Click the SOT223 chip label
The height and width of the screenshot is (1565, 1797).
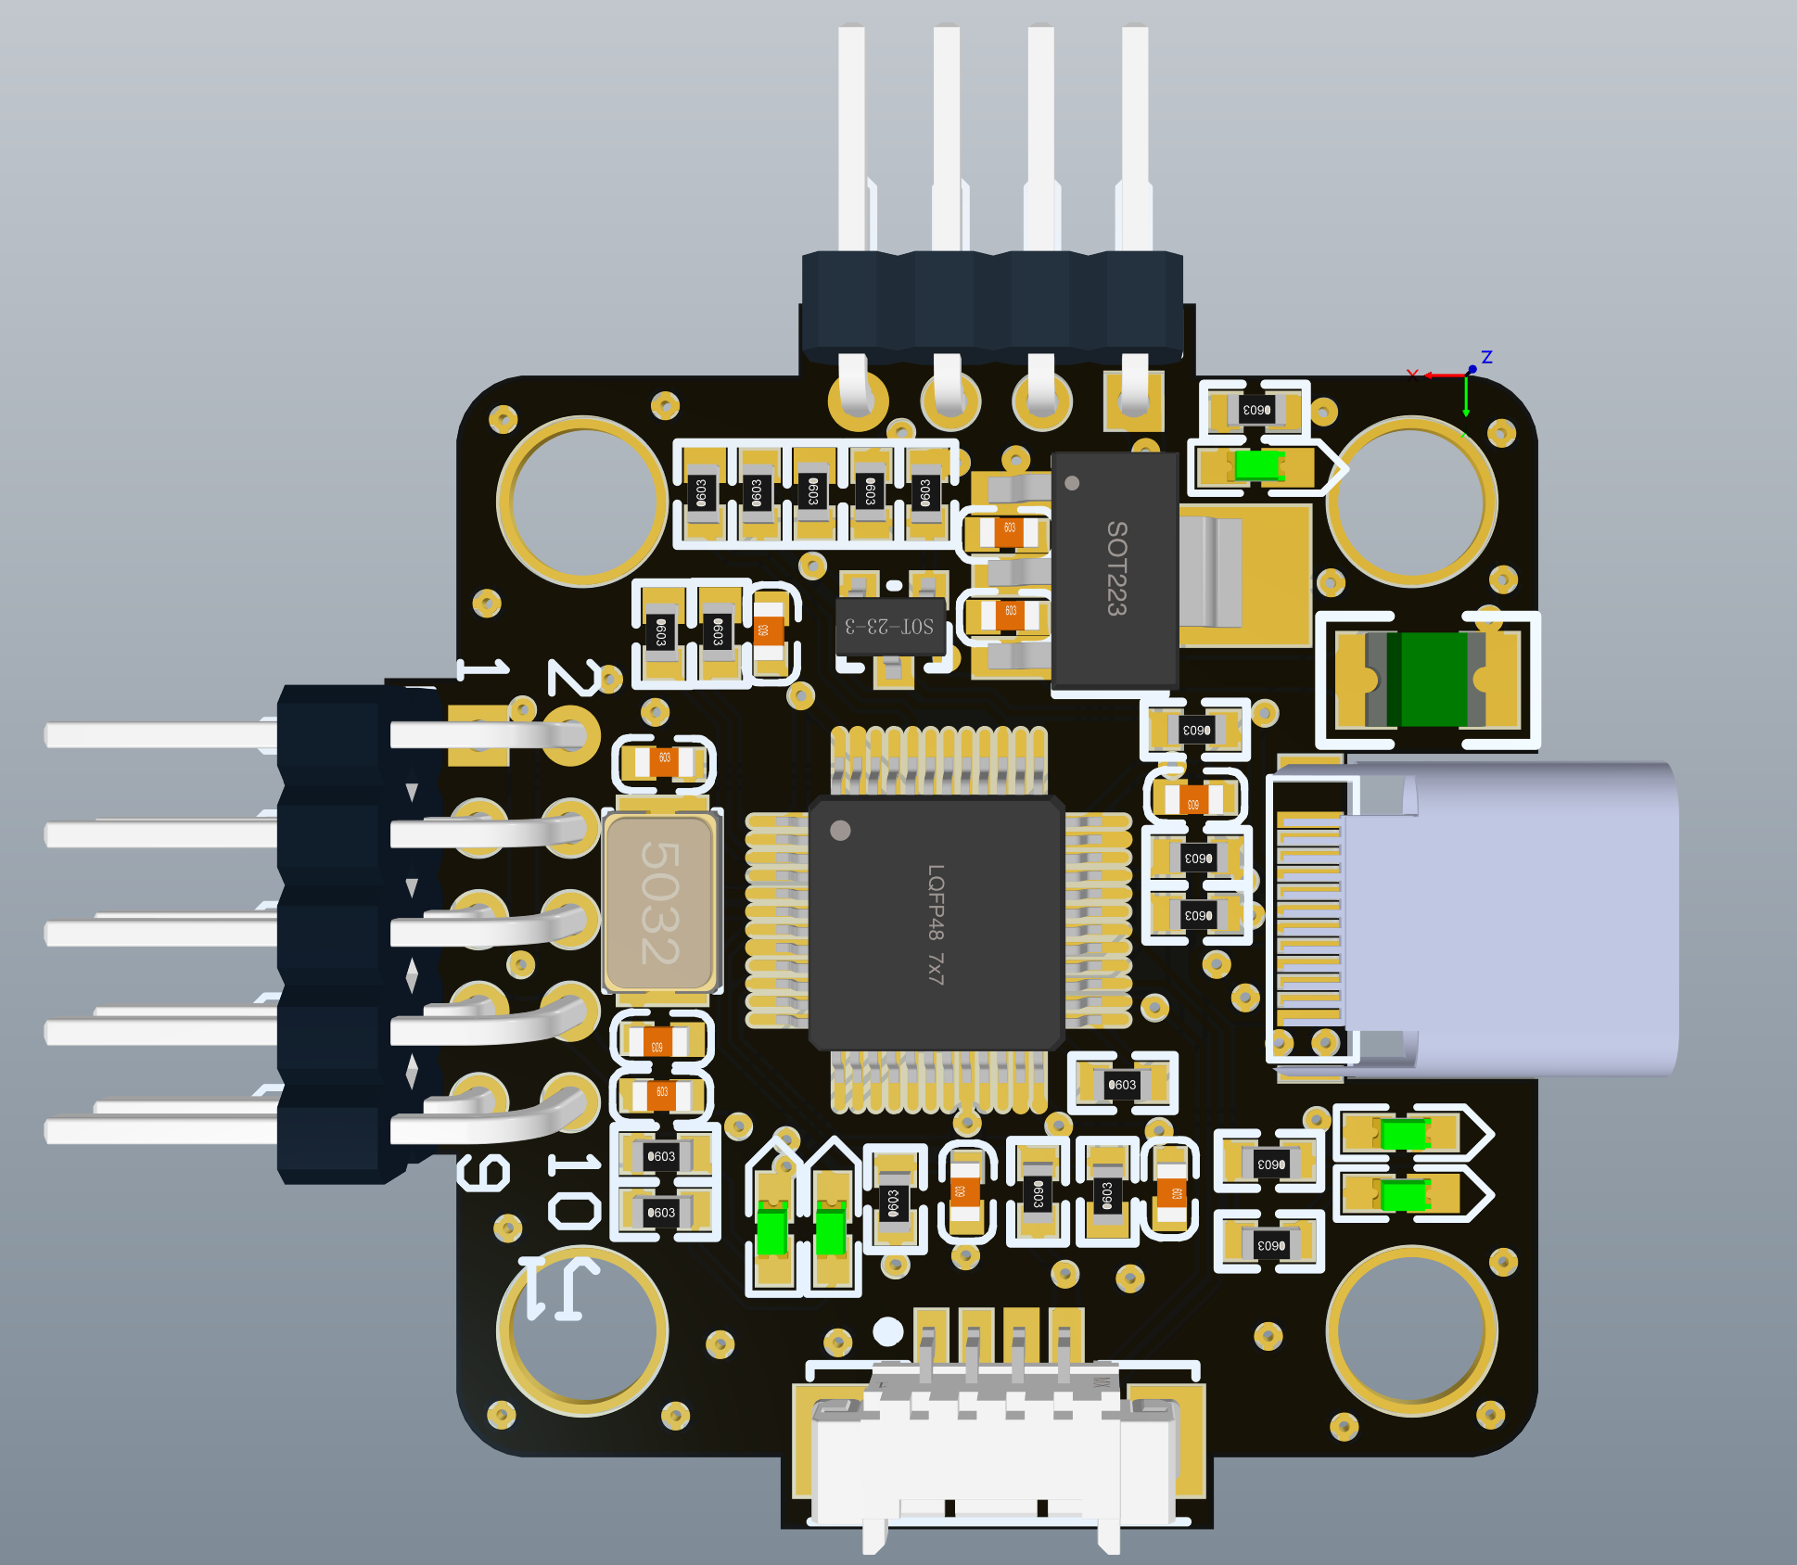[x=1116, y=567]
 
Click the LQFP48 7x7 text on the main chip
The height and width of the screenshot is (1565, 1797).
[x=936, y=923]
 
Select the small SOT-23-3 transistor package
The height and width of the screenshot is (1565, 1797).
[x=889, y=627]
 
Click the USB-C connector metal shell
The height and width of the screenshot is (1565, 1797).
[x=1511, y=918]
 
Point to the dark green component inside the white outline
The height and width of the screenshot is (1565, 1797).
[x=1432, y=680]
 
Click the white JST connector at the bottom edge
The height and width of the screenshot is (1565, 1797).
[x=992, y=1456]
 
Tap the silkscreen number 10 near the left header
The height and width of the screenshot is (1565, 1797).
[x=574, y=1190]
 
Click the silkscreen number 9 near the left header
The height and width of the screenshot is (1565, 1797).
[x=483, y=1174]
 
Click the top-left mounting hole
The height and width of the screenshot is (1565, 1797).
[x=582, y=501]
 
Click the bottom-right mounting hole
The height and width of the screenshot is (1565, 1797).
[x=1411, y=1331]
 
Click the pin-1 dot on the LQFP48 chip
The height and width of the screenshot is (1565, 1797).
[x=841, y=830]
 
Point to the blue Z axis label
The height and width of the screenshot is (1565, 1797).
[x=1486, y=357]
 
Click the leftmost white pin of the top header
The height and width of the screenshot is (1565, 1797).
[x=851, y=139]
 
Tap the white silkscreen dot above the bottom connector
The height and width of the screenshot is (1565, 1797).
[x=887, y=1331]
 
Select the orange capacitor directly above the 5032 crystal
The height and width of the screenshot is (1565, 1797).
[x=664, y=763]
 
